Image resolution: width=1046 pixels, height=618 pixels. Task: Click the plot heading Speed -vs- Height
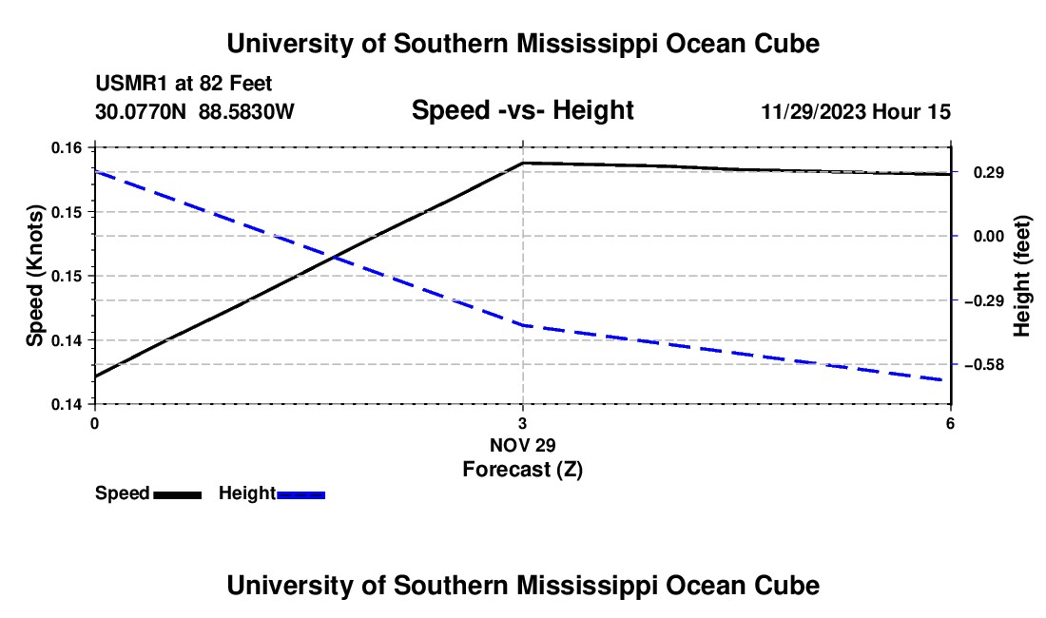522,110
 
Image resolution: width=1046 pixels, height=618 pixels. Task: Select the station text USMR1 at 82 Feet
184,84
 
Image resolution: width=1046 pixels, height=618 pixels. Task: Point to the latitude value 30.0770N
140,111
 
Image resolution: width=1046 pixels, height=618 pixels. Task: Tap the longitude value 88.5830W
246,111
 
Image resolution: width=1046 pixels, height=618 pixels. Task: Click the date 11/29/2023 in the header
813,111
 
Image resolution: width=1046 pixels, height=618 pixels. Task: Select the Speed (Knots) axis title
34,276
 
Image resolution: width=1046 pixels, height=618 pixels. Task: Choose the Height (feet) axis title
1021,276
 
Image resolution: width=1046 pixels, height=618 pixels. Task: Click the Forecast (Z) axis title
522,470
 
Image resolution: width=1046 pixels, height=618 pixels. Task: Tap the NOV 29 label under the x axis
522,445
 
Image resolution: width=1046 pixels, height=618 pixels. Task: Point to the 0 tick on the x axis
95,423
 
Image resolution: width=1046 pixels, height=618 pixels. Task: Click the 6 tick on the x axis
951,423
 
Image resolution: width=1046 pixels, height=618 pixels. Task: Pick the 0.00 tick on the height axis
989,236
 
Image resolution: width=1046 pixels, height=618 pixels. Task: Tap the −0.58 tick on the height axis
984,365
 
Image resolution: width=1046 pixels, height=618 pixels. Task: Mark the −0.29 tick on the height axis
984,300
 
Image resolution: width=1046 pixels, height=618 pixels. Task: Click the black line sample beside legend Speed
178,494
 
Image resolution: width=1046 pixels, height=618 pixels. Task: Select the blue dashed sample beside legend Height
300,494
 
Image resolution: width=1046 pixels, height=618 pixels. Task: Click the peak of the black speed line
523,163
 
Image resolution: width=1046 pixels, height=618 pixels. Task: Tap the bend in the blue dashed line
523,325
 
